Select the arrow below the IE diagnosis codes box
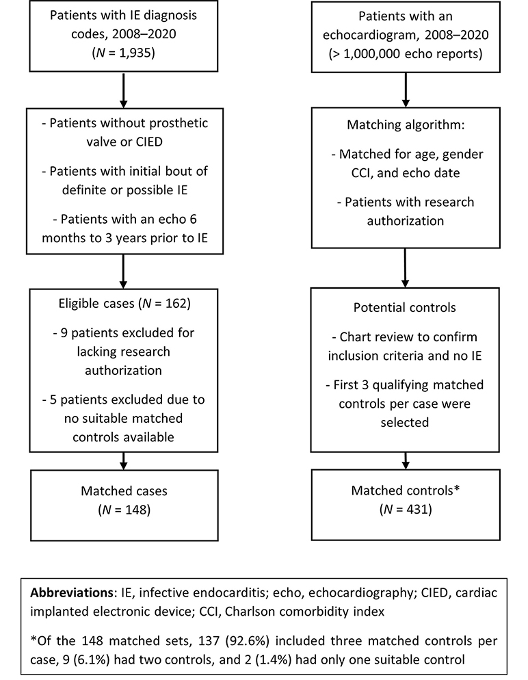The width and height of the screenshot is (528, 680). point(124,90)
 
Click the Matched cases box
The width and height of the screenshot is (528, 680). point(124,505)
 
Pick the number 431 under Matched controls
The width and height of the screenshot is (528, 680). point(417,509)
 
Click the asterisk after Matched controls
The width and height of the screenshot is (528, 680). point(456,489)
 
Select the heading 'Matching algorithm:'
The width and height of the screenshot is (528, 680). point(406,125)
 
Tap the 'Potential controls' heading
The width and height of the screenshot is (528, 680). point(404,307)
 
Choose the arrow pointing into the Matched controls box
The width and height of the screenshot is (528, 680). point(406,460)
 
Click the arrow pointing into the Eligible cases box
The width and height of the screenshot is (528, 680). point(124,272)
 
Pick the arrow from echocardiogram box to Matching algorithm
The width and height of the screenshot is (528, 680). point(406,90)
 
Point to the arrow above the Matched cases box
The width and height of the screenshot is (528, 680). point(124,461)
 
